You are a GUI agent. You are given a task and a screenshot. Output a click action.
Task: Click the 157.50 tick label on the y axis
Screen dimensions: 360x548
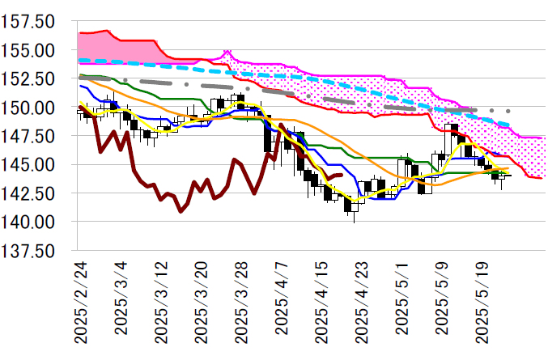point(28,21)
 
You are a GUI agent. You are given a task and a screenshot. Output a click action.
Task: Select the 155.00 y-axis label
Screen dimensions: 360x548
point(28,50)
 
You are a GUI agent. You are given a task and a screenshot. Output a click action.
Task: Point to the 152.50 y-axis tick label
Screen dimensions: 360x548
point(28,78)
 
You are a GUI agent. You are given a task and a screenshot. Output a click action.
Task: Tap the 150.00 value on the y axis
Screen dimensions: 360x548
point(28,108)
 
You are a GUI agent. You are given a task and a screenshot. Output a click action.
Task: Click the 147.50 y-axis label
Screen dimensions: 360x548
point(28,136)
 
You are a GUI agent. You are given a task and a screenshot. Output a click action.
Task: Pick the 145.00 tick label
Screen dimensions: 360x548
point(28,164)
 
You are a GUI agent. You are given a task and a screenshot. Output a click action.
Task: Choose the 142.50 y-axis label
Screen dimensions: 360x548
point(28,193)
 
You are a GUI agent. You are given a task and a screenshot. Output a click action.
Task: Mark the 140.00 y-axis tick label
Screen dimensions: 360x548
point(28,222)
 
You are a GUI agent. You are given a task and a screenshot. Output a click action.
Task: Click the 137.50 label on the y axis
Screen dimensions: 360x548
point(28,251)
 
